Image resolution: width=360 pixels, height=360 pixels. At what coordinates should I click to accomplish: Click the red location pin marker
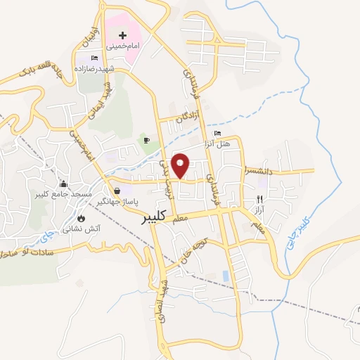click(x=181, y=165)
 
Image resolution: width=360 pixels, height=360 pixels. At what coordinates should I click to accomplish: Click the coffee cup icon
click(x=146, y=140)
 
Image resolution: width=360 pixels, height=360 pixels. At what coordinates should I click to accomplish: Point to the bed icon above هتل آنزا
click(x=217, y=134)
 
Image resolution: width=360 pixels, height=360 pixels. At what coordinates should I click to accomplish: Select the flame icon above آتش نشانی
click(x=82, y=218)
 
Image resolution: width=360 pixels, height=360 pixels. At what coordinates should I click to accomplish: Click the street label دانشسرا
click(x=264, y=169)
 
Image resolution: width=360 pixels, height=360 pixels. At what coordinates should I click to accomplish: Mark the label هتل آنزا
click(x=223, y=144)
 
